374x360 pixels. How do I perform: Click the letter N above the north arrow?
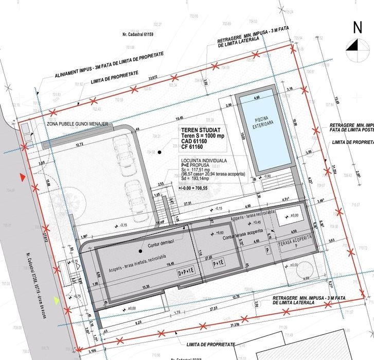[x=356, y=28]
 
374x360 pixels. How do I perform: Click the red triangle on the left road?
[x=22, y=178]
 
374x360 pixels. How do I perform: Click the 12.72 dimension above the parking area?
[x=79, y=144]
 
